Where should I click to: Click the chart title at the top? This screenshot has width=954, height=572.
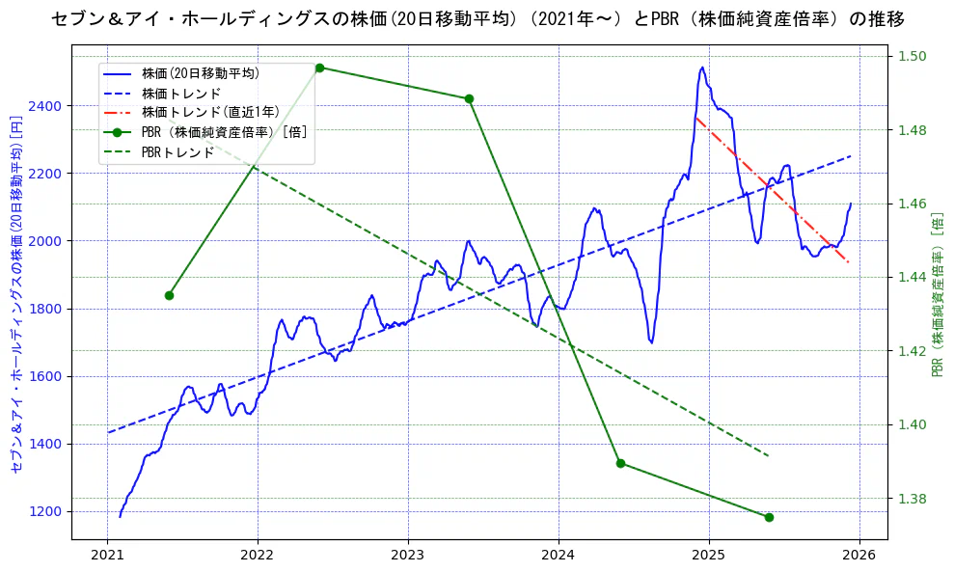[x=477, y=19]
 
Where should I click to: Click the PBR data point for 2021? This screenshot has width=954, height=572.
[x=169, y=295]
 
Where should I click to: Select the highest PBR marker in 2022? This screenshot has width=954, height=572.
[x=319, y=68]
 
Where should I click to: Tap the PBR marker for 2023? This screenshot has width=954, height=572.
[x=469, y=98]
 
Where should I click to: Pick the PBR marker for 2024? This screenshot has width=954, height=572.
[x=620, y=463]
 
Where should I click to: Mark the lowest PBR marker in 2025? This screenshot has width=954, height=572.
[x=769, y=517]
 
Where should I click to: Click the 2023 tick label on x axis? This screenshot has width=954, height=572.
[x=407, y=556]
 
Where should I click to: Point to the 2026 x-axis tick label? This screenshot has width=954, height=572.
[x=859, y=556]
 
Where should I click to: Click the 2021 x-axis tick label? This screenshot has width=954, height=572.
[x=107, y=556]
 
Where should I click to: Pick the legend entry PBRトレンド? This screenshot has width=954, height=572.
[x=177, y=152]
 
